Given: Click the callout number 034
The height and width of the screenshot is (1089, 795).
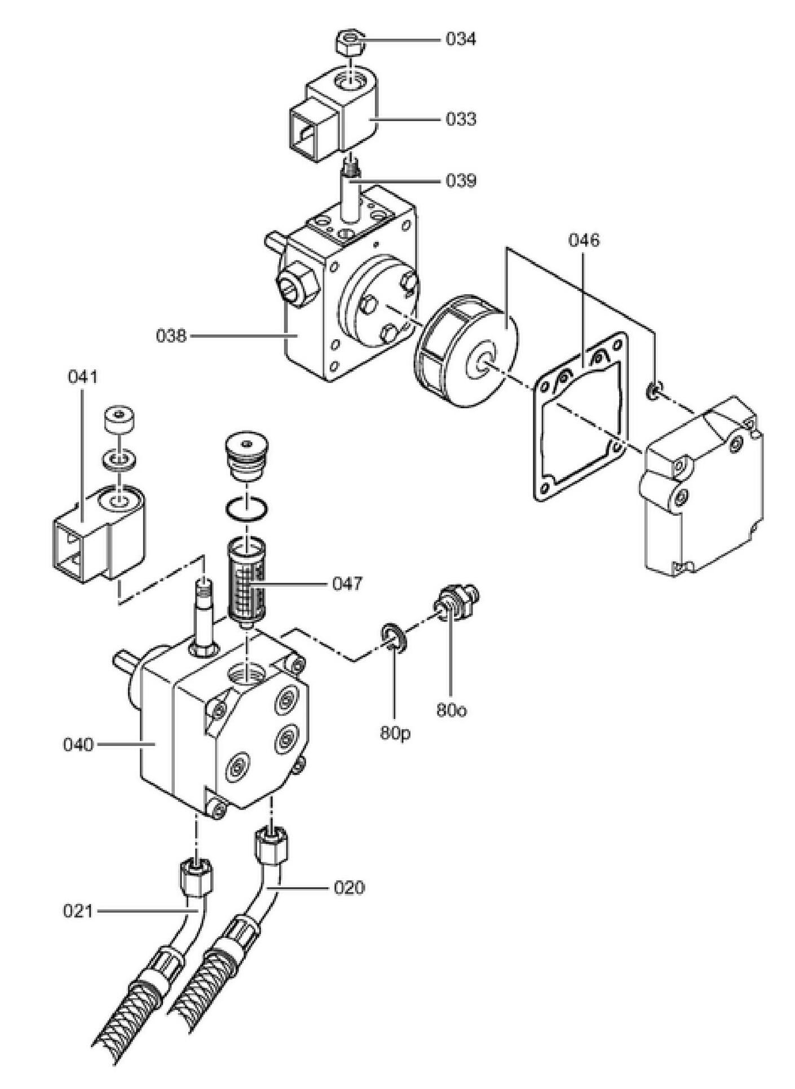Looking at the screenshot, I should click(461, 39).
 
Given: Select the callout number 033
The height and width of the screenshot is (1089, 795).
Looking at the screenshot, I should click(461, 119).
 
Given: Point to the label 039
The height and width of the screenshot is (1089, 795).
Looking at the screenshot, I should click(461, 181).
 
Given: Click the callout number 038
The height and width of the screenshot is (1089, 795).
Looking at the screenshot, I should click(171, 337).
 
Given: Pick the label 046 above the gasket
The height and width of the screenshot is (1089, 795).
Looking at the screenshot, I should click(584, 241).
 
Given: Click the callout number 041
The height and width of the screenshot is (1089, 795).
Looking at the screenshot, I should click(82, 377).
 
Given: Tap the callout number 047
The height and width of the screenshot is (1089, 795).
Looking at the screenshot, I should click(347, 584).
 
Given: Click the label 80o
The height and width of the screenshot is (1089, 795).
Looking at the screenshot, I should click(452, 710).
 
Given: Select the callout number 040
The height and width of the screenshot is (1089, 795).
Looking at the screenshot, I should click(78, 745).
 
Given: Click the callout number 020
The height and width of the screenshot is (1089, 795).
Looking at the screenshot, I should click(349, 888).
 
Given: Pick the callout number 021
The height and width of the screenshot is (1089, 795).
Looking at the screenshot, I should click(77, 911).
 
